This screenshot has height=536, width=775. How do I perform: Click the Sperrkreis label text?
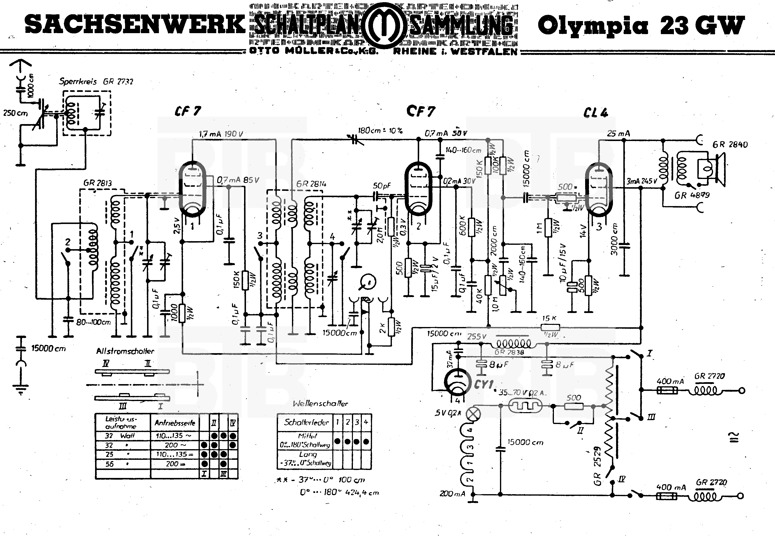pyautogui.click(x=78, y=82)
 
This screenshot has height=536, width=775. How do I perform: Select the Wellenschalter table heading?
pyautogui.click(x=320, y=403)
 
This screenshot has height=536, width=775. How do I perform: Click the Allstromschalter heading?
pyautogui.click(x=125, y=351)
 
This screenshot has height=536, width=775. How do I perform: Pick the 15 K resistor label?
pyautogui.click(x=549, y=318)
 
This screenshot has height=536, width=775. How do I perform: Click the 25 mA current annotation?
pyautogui.click(x=618, y=134)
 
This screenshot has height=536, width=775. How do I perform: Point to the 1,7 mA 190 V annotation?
pyautogui.click(x=221, y=134)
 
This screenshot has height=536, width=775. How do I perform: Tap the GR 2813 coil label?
pyautogui.click(x=97, y=183)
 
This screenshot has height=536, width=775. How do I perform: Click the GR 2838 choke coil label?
pyautogui.click(x=509, y=352)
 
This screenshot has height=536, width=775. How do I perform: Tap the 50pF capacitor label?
pyautogui.click(x=382, y=186)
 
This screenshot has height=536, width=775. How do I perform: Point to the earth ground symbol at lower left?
pyautogui.click(x=21, y=390)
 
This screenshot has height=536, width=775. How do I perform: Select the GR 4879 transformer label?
pyautogui.click(x=692, y=195)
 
